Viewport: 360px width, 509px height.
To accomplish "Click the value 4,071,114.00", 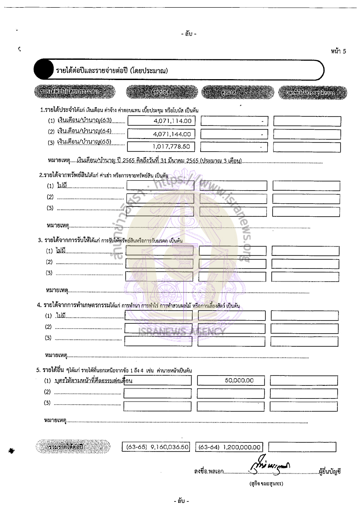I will click(x=172, y=121).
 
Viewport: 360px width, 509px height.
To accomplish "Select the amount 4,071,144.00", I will click(x=172, y=134).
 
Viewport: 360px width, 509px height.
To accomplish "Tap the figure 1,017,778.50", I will click(x=171, y=147).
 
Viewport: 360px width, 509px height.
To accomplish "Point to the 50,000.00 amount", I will click(x=238, y=380).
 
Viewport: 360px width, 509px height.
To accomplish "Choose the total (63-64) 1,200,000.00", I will click(x=229, y=447).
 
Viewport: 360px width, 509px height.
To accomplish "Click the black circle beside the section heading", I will click(x=43, y=70).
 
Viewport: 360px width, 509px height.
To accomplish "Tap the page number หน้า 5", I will click(x=338, y=51).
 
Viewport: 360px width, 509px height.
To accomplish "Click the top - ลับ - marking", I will click(x=189, y=34).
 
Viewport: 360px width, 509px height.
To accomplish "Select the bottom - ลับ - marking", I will click(x=181, y=500).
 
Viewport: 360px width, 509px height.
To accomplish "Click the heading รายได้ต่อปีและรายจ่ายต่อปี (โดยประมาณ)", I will click(x=112, y=71).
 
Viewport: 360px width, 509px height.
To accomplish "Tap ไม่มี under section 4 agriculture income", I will click(x=61, y=316).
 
